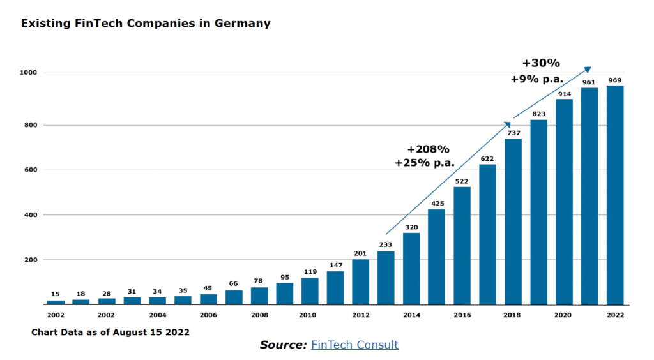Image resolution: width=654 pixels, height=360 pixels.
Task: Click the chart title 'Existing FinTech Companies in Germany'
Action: [x=146, y=24]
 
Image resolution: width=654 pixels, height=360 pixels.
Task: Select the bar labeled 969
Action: [x=614, y=195]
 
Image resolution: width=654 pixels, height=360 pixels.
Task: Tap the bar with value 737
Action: [x=513, y=221]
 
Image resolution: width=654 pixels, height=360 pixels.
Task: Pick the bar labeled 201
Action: [x=361, y=281]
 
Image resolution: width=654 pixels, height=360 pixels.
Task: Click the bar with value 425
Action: [x=437, y=257]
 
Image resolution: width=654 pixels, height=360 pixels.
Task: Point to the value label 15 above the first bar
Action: [x=56, y=294]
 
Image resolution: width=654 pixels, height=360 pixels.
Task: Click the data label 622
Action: [x=487, y=158]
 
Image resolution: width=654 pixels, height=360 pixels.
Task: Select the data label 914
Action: [x=564, y=94]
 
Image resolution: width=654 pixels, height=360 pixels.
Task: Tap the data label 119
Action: [x=310, y=271]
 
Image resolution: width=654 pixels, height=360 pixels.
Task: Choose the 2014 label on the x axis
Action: [x=412, y=315]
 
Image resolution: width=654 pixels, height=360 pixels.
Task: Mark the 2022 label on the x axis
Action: [x=615, y=315]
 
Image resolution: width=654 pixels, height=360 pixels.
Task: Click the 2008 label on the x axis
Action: [x=259, y=315]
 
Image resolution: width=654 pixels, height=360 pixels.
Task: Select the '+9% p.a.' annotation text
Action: [x=537, y=80]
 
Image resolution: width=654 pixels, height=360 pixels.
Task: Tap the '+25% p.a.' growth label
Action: [x=425, y=163]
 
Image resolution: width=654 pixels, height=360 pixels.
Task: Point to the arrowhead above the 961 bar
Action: [x=588, y=69]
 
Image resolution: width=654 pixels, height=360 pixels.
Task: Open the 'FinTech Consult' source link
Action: [x=354, y=345]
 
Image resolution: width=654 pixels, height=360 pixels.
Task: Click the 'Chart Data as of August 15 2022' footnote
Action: [x=110, y=333]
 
